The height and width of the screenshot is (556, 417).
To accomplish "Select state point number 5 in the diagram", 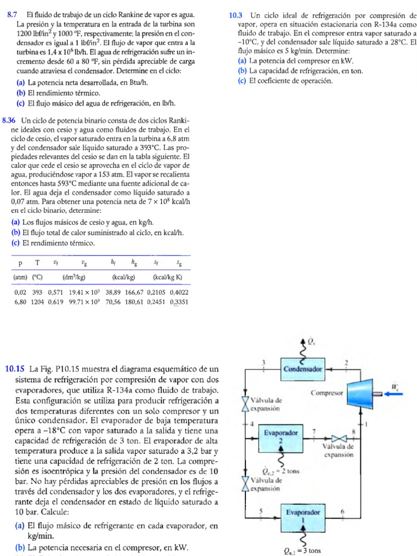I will click(x=261, y=511).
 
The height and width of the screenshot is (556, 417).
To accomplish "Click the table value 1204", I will click(x=37, y=302).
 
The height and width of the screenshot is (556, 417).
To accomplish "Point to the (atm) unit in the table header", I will click(x=21, y=277).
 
